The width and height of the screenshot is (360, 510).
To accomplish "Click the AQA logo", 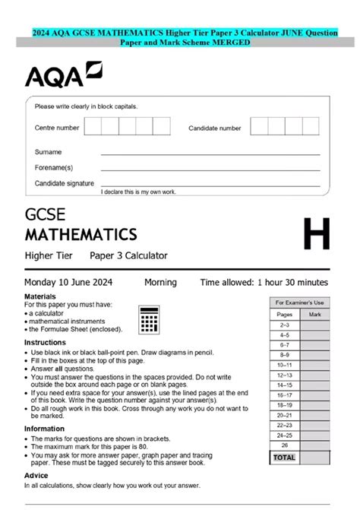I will click(x=63, y=76).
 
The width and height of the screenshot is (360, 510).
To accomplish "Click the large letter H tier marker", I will click(x=316, y=234).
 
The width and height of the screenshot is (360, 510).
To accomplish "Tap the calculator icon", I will click(x=149, y=319).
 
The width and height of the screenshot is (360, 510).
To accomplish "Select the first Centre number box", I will click(x=93, y=126).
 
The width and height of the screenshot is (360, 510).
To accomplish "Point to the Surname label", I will click(x=48, y=151).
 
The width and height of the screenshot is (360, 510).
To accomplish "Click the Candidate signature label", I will click(x=65, y=183).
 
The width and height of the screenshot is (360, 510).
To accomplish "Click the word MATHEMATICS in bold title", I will click(x=81, y=233).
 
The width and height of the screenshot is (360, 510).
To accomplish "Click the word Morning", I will click(x=160, y=282).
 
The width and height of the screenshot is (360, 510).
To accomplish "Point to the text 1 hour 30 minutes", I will click(x=293, y=282).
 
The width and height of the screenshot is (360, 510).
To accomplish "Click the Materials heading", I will click(x=40, y=296).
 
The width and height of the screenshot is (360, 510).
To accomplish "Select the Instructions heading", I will click(x=45, y=343).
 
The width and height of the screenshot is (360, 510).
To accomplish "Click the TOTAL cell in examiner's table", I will click(x=284, y=458).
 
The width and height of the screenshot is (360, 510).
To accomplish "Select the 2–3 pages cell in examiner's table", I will click(x=284, y=324).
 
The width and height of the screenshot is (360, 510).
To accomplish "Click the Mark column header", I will click(x=315, y=313).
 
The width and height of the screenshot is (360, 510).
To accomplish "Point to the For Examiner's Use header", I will click(x=299, y=303).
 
